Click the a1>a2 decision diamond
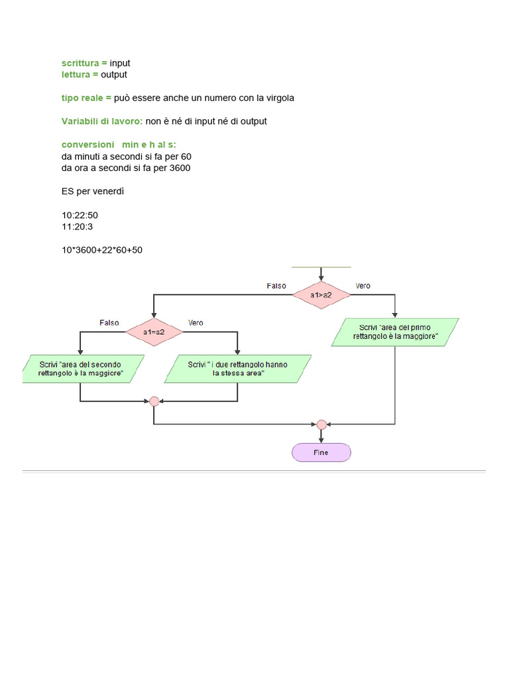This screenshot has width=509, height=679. pyautogui.click(x=321, y=294)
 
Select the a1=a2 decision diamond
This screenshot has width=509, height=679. pyautogui.click(x=154, y=331)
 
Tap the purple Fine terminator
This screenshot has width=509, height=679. pyautogui.click(x=321, y=452)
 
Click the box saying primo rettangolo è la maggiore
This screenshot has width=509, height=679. pyautogui.click(x=395, y=332)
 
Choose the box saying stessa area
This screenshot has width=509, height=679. pyautogui.click(x=238, y=369)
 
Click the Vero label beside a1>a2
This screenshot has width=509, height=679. pyautogui.click(x=363, y=286)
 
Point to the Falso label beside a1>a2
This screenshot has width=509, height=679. pyautogui.click(x=276, y=286)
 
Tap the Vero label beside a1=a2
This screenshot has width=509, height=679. pyautogui.click(x=196, y=323)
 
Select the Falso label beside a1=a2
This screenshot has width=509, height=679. pyautogui.click(x=109, y=323)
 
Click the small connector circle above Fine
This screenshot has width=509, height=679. pyautogui.click(x=321, y=424)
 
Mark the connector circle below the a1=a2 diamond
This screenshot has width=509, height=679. pyautogui.click(x=154, y=401)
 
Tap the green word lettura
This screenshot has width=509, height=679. pyautogui.click(x=77, y=74)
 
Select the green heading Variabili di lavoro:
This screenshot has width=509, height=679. pyautogui.click(x=102, y=121)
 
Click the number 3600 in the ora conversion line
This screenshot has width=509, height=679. pyautogui.click(x=180, y=168)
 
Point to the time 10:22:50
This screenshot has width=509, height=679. pyautogui.click(x=80, y=216)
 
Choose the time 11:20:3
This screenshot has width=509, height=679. pyautogui.click(x=77, y=227)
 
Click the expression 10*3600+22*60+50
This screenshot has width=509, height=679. pyautogui.click(x=101, y=250)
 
